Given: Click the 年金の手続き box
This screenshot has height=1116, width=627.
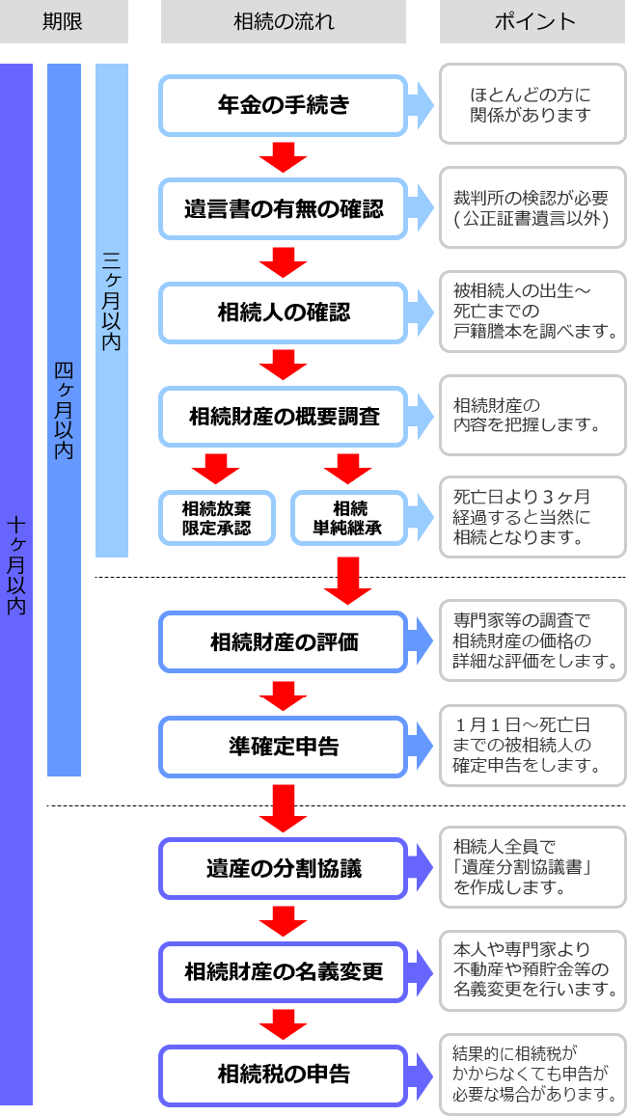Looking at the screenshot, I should (283, 105).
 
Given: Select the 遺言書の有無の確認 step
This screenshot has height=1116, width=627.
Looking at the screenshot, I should (283, 208).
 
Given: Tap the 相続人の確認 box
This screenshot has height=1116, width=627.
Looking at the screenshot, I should (283, 313).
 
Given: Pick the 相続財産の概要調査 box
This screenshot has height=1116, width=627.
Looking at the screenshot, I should (283, 417).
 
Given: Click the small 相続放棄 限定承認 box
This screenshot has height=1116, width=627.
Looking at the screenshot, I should (216, 518).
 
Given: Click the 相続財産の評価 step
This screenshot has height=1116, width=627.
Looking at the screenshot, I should (283, 642).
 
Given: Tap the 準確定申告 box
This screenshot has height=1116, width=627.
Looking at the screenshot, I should (283, 747).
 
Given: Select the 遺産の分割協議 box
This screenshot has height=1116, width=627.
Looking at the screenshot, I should (283, 868).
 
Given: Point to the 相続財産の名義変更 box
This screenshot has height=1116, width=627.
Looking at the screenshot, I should (283, 971).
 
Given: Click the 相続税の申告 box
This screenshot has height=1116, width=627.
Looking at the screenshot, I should (283, 1075).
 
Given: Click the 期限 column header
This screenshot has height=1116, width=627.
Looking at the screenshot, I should (64, 21).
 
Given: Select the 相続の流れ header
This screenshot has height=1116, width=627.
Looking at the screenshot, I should (283, 21).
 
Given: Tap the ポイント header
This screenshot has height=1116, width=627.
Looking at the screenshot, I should (532, 21).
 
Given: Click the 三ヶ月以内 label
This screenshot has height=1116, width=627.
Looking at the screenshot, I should (112, 299).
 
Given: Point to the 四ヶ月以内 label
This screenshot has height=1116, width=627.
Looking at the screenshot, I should (64, 410).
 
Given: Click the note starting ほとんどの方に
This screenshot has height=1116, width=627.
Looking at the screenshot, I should (532, 104).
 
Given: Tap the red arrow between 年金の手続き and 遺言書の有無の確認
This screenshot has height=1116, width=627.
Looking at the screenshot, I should (283, 156).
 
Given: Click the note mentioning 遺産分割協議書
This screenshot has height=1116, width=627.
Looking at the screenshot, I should (532, 867).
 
